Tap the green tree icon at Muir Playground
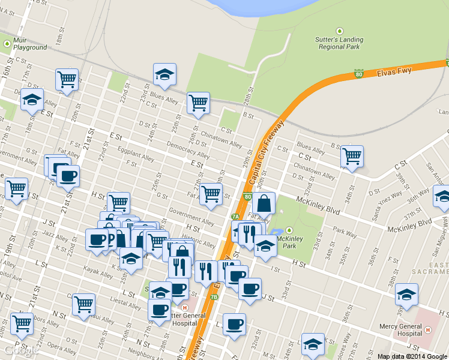pyautogui.click(x=7, y=43)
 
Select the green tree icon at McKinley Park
pyautogui.click(x=289, y=230)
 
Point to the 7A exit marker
pyautogui.click(x=235, y=217)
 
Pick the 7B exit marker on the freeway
pyautogui.click(x=214, y=296)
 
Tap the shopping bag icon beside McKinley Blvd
pyautogui.click(x=264, y=204)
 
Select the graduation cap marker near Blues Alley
pyautogui.click(x=164, y=74)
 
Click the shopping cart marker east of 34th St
pyautogui.click(x=352, y=157)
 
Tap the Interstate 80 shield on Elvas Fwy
pyautogui.click(x=358, y=74)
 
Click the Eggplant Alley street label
pyautogui.click(x=136, y=154)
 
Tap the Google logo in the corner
pyautogui.click(x=16, y=352)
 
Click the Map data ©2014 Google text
pyautogui.click(x=412, y=356)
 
